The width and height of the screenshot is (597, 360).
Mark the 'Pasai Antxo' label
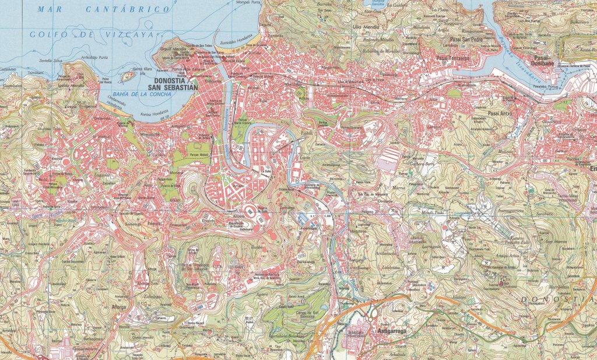(500, 113)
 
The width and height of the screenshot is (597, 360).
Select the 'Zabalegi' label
(151, 295)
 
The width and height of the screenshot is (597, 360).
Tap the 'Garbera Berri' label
(423, 164)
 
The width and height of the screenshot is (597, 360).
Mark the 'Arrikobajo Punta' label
(95, 57)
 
